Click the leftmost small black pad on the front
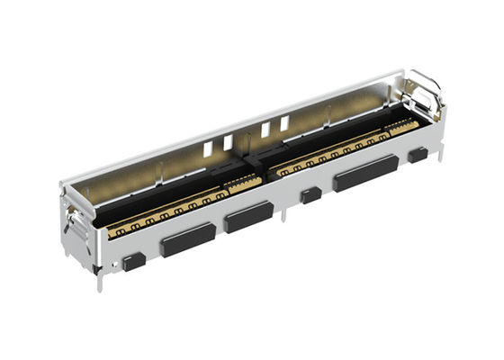point(133,261)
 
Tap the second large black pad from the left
point(249,217)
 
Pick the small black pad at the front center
point(311,194)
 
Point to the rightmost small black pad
point(417,154)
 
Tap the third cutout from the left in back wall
point(266,129)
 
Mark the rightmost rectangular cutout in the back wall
point(284,122)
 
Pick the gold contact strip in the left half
point(171,211)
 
